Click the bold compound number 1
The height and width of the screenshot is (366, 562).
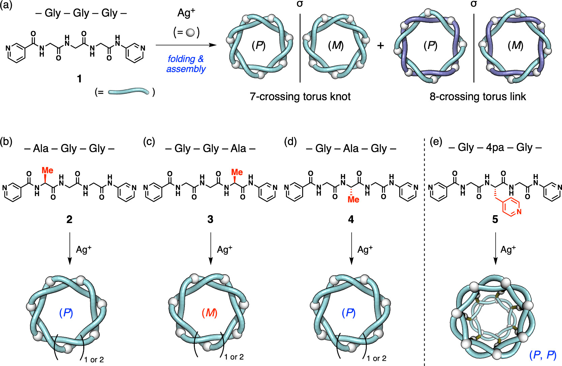tap(79, 79)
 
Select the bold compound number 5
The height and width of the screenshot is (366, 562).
tap(495, 220)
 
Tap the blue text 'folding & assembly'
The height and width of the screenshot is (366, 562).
tap(186, 64)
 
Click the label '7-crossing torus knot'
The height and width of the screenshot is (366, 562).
tap(300, 97)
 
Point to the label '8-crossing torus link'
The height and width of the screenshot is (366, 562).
tap(477, 97)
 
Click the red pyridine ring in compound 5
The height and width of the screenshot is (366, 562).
tap(512, 206)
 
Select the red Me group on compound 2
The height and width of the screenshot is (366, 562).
tap(47, 170)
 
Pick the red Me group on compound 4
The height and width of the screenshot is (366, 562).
tap(353, 200)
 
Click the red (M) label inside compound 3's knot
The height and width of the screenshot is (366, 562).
tap(210, 313)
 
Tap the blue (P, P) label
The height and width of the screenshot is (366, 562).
tap(542, 355)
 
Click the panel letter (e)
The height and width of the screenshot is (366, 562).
tap(436, 142)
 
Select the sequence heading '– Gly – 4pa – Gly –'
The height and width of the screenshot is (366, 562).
tap(495, 148)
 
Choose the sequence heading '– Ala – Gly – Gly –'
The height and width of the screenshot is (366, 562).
tap(69, 148)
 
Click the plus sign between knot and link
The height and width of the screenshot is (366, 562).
tap(381, 45)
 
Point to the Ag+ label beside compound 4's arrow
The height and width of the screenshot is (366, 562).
tap(365, 250)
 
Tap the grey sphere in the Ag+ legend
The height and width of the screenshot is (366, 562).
tap(190, 32)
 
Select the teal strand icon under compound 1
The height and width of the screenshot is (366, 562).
tap(128, 92)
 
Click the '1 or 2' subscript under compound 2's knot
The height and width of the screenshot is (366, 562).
tap(94, 360)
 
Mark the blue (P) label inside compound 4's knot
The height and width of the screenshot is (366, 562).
tap(349, 313)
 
